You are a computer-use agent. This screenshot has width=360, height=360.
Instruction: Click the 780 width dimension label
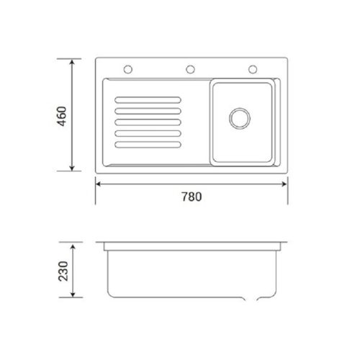tap(192, 197)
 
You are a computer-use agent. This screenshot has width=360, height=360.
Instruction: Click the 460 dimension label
tap(62, 116)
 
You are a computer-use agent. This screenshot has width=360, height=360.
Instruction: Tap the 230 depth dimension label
tap(63, 271)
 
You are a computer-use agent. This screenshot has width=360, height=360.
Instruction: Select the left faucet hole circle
tap(128, 69)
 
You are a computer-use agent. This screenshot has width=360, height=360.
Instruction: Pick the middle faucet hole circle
tap(190, 69)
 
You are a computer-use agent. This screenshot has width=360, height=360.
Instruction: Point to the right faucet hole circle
tap(253, 69)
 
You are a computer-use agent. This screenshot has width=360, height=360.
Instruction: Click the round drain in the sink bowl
tap(240, 118)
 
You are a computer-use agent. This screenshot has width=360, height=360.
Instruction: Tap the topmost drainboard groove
tap(148, 100)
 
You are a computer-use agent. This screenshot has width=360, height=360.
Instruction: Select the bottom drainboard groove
tap(148, 145)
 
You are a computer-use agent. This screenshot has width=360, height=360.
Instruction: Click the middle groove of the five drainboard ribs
tap(148, 122)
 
